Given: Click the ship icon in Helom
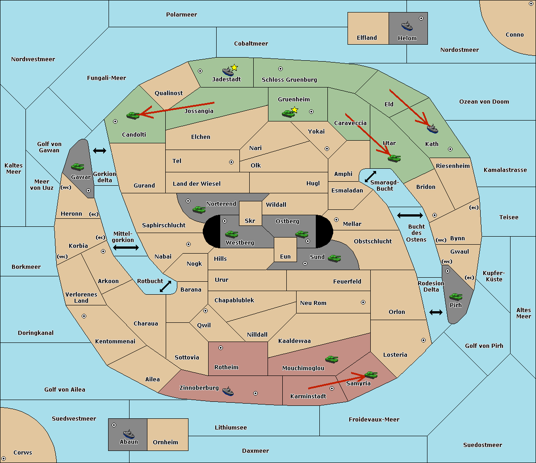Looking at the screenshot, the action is pos(407,26).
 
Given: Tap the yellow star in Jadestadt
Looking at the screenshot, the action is pos(234,67).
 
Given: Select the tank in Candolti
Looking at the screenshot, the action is pos(133,115).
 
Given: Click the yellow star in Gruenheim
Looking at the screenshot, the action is pos(294,110).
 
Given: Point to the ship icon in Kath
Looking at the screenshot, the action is pos(432,129).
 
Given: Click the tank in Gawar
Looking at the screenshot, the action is pos(78,167).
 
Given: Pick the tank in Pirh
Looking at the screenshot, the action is pos(456,296).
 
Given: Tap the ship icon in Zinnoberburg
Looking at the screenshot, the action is pos(228,391).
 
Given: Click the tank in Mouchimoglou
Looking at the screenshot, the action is pos(332,359).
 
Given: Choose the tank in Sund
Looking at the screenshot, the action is pos(334,258).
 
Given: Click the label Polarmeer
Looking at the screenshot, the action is pos(181,15).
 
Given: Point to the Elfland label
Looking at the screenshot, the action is pos(367,38).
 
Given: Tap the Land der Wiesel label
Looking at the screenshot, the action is pos(197,184).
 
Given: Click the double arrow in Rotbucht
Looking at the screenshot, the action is pos(165,286).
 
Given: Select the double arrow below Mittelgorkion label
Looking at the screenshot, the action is pos(126,247).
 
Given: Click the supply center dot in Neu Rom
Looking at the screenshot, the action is pos(363,302).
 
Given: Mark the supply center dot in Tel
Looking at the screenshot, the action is pos(231,162).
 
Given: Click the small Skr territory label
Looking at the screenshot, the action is pos(250,221).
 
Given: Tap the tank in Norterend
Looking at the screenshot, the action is pos(199,209).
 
